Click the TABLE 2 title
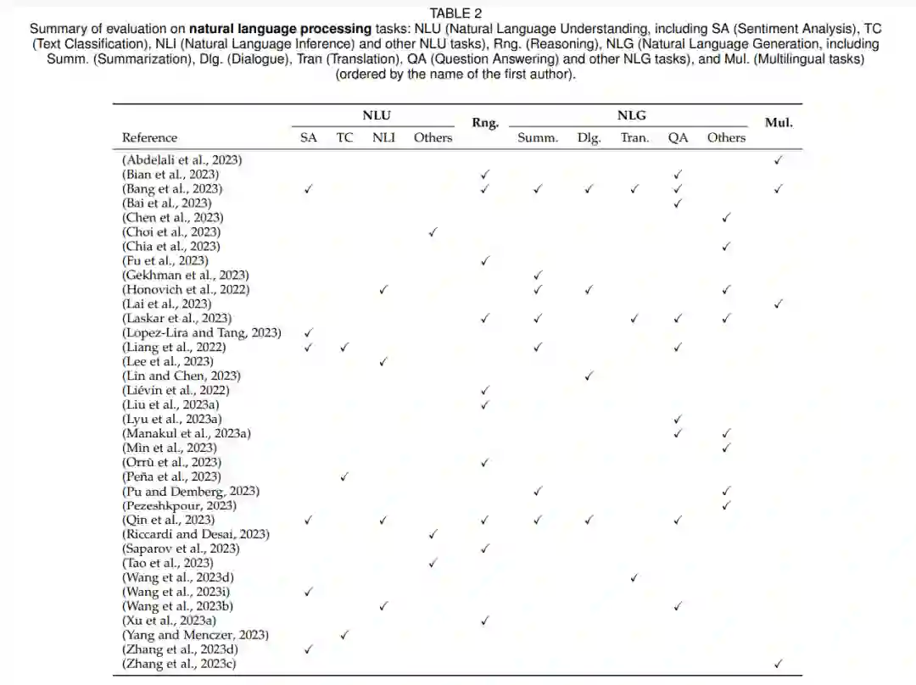(x=455, y=13)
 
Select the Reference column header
(x=149, y=137)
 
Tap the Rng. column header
(x=485, y=123)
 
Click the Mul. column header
(x=779, y=123)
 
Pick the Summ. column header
(x=538, y=137)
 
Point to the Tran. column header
(x=634, y=137)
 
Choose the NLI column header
(x=383, y=137)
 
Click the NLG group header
(x=631, y=116)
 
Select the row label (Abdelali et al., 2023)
(x=182, y=159)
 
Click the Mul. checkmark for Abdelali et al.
(x=779, y=159)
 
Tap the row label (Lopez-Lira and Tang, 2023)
(x=202, y=332)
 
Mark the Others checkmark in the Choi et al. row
(x=433, y=231)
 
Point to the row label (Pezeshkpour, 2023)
(x=179, y=505)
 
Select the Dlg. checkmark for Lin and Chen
(x=589, y=376)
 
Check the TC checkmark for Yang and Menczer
(x=344, y=635)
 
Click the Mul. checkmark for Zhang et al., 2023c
(x=779, y=664)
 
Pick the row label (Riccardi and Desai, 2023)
(x=196, y=534)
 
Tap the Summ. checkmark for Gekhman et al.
(x=538, y=275)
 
